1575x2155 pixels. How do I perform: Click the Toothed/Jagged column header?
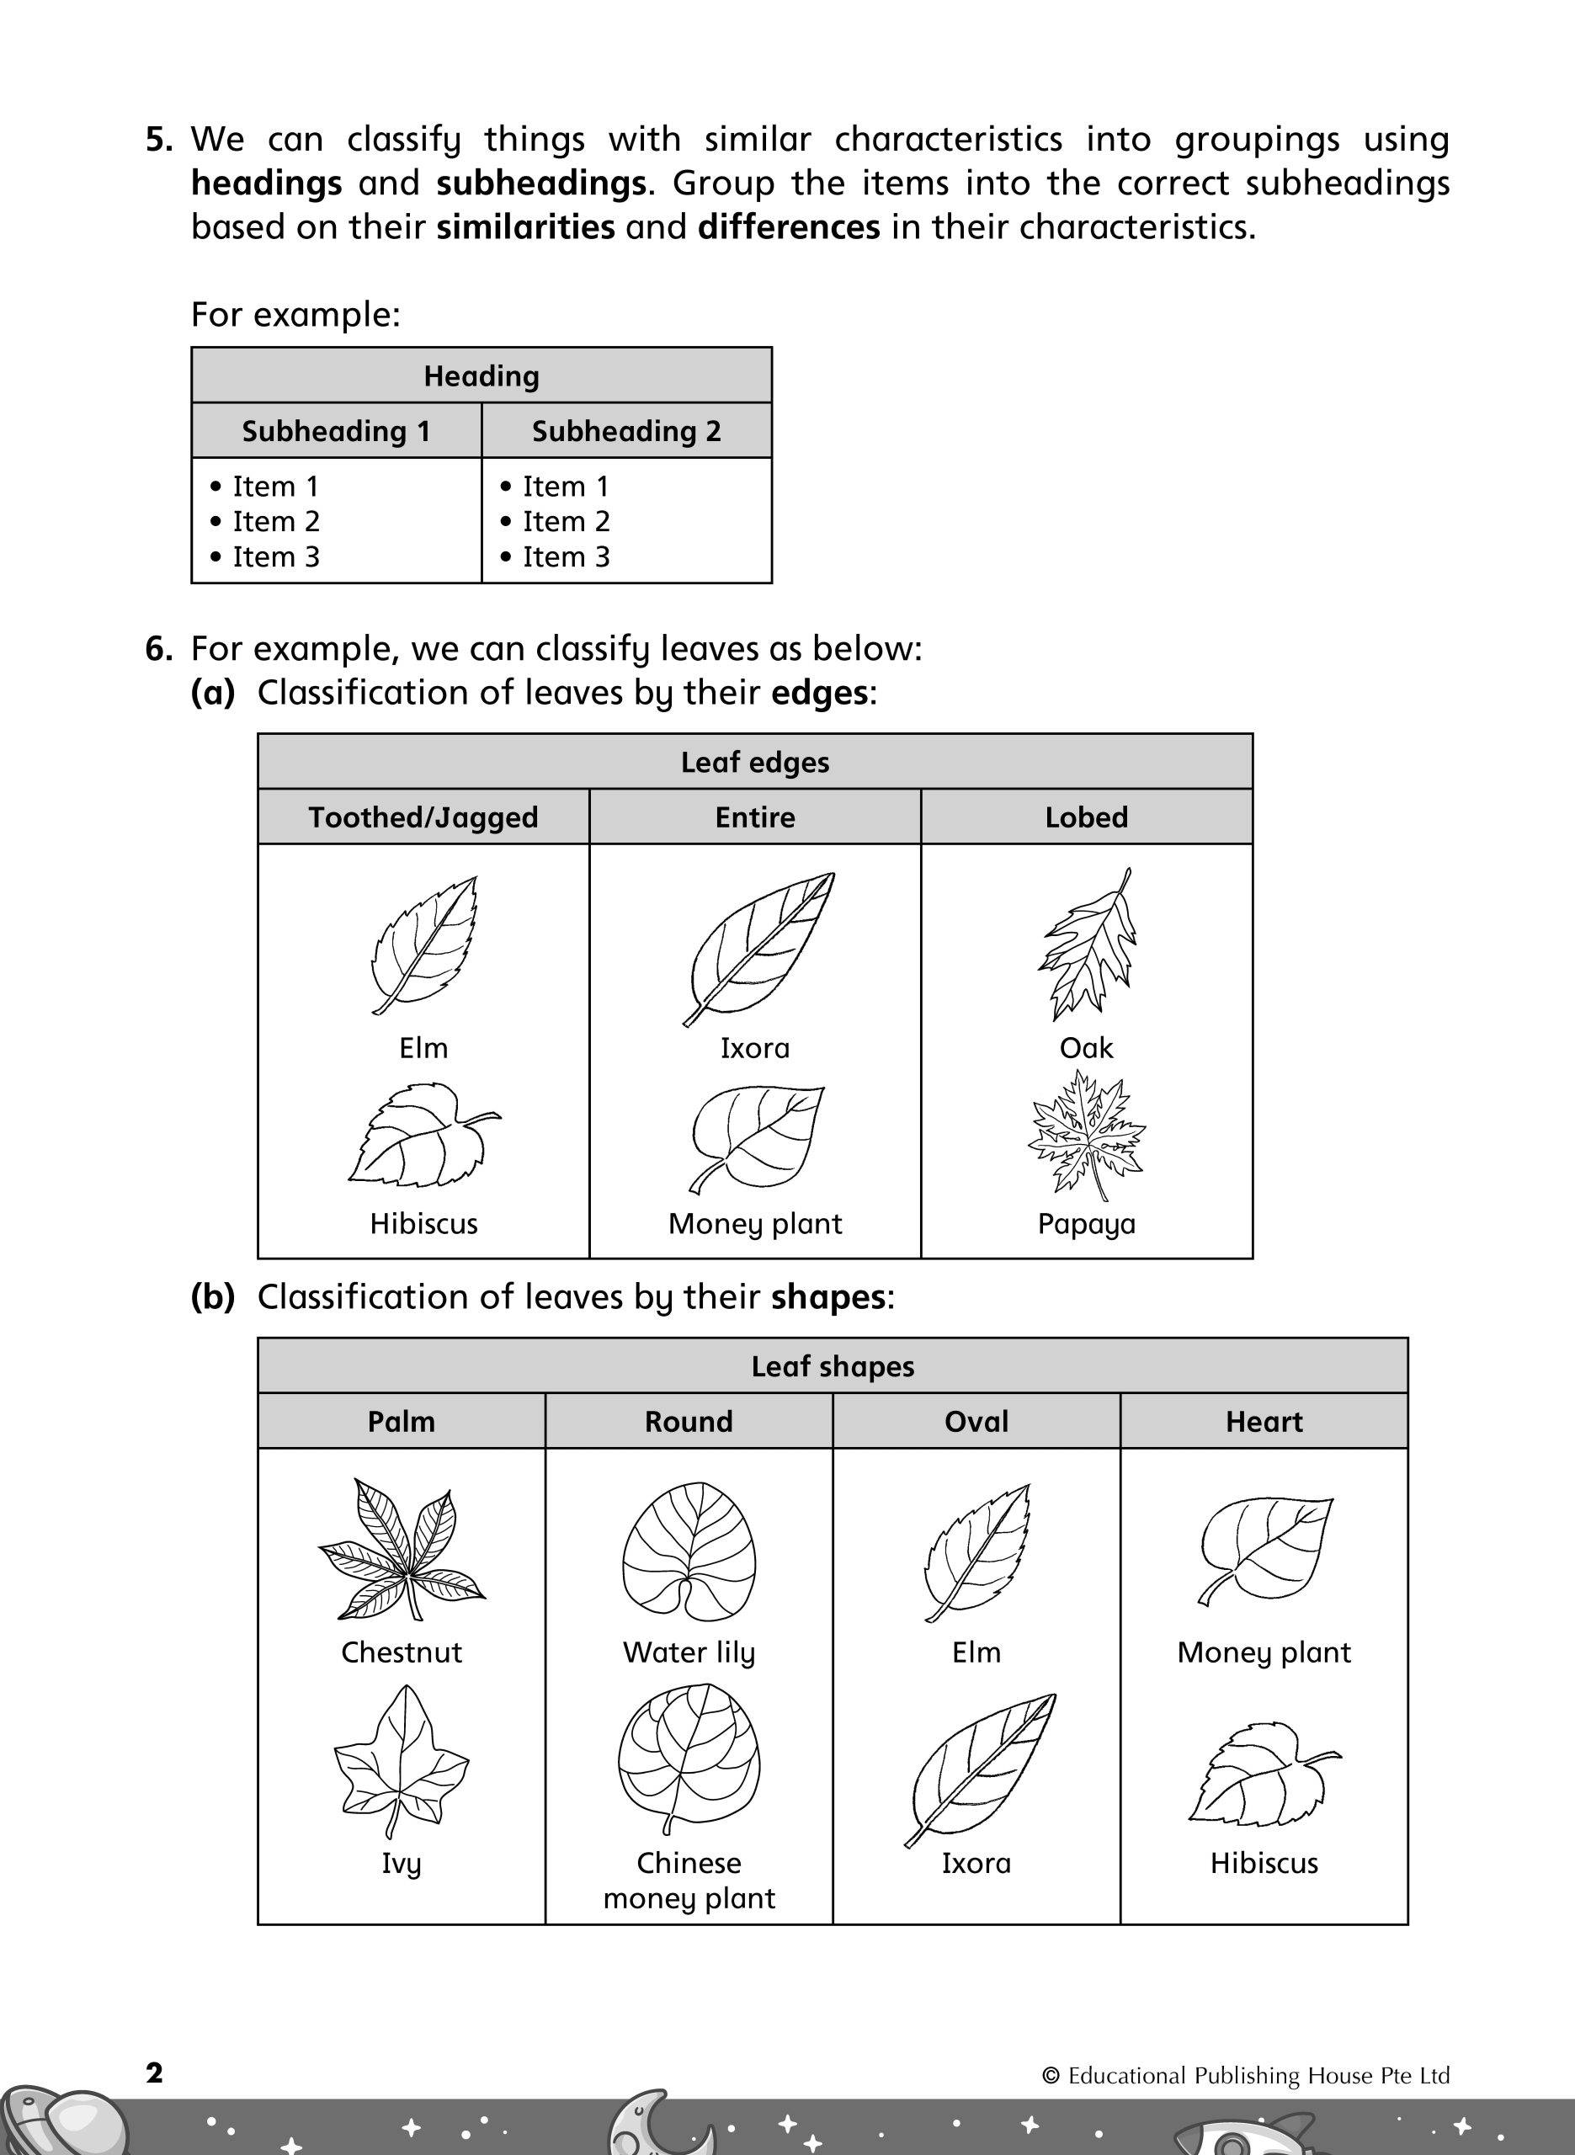[x=423, y=817]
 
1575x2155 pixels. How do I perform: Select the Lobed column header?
[x=1086, y=817]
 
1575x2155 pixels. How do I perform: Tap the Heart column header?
[x=1264, y=1421]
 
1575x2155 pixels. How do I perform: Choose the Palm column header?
[x=402, y=1421]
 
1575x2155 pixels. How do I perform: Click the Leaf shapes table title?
[x=833, y=1366]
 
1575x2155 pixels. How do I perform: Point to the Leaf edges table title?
[x=754, y=762]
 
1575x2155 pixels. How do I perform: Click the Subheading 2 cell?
[x=626, y=431]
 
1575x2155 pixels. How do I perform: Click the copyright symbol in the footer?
[x=1051, y=2076]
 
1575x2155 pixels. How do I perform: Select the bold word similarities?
[x=525, y=226]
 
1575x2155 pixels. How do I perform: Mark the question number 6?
[x=158, y=649]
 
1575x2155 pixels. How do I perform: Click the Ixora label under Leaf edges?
[x=754, y=1047]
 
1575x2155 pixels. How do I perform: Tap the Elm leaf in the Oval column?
[x=977, y=1551]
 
